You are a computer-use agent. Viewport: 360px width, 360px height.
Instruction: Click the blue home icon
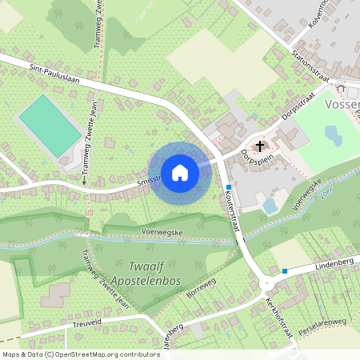pyautogui.click(x=180, y=173)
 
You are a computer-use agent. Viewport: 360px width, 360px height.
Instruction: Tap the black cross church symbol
pyautogui.click(x=260, y=146)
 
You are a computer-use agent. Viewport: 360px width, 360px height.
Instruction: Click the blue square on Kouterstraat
pyautogui.click(x=228, y=187)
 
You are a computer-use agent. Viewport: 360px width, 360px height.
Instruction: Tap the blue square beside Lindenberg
pyautogui.click(x=284, y=270)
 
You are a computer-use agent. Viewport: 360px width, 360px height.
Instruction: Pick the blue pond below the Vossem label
pyautogui.click(x=333, y=135)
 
